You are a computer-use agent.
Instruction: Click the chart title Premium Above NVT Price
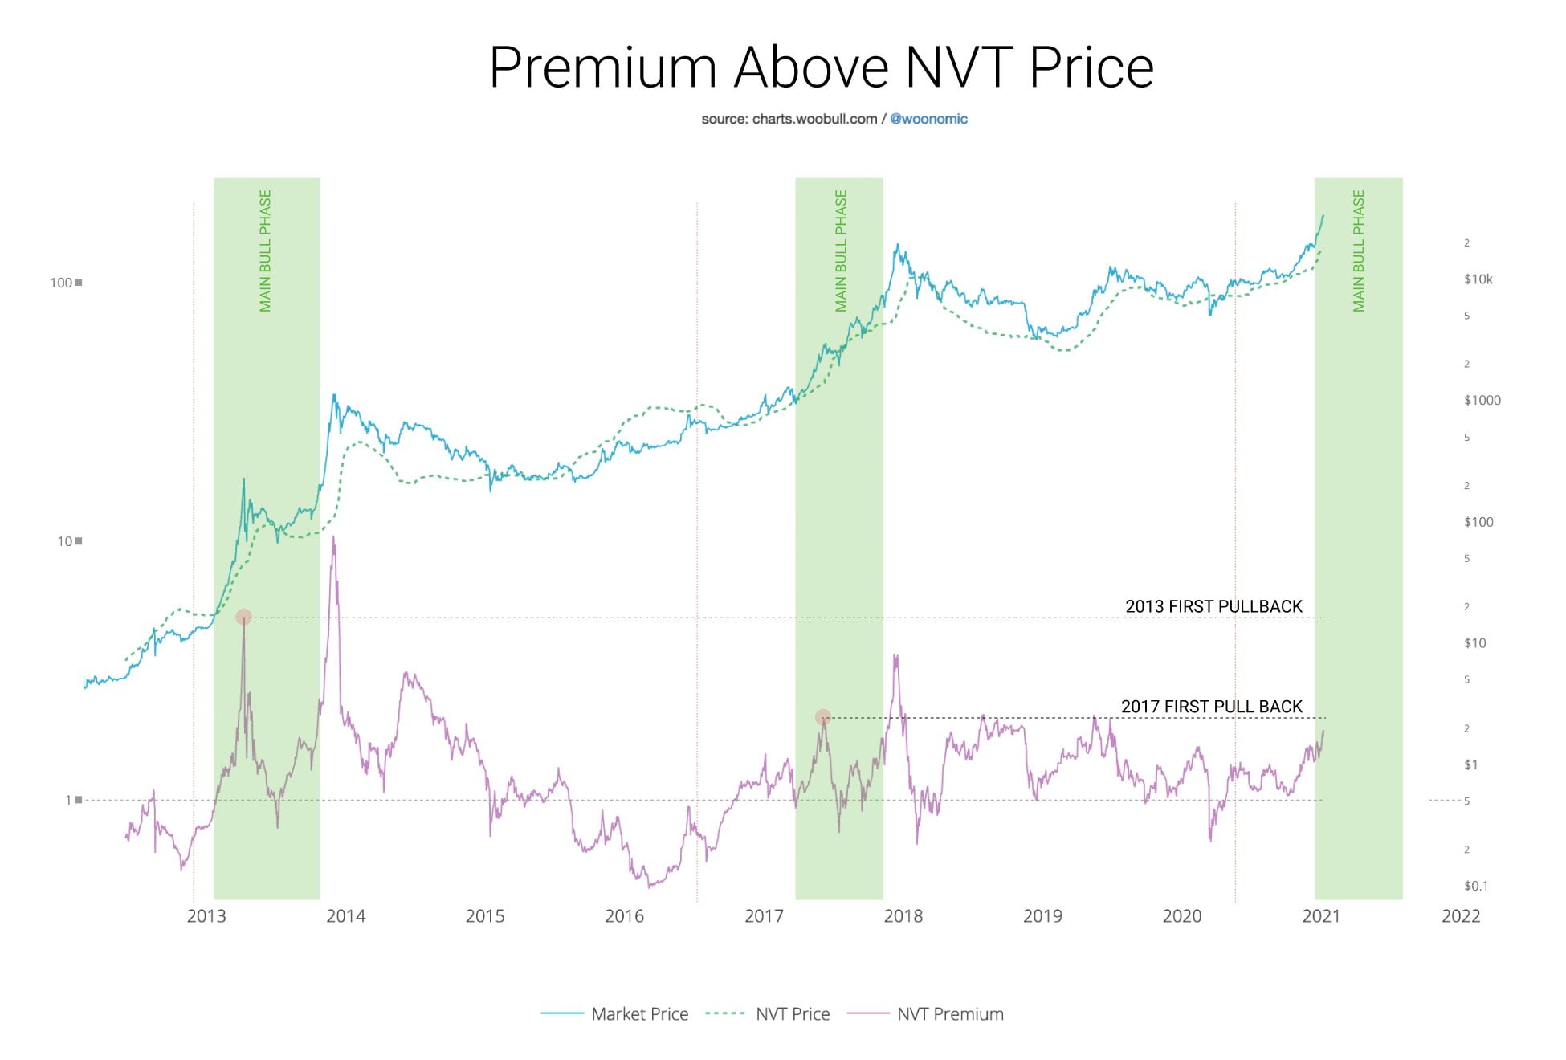click(x=821, y=67)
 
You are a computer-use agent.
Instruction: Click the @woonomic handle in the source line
click(x=928, y=119)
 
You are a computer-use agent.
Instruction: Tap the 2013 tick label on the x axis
click(x=206, y=916)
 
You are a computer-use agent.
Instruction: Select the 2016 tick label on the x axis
click(x=624, y=916)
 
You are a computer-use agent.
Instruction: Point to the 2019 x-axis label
click(x=1042, y=916)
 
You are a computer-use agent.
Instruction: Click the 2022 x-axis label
click(x=1460, y=916)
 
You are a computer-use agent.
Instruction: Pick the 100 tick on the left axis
click(x=61, y=283)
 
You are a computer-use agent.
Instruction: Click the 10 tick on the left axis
click(x=65, y=541)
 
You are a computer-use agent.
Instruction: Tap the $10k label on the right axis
click(x=1478, y=279)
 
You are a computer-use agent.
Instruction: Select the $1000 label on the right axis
click(x=1482, y=401)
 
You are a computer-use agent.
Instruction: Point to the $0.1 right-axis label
click(x=1475, y=887)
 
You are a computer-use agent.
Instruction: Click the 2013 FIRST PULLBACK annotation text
click(x=1213, y=606)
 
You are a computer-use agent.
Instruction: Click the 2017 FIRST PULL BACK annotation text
click(x=1211, y=707)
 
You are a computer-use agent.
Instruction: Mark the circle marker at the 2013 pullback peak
click(x=243, y=618)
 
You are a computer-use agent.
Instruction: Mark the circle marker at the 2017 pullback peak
click(x=822, y=717)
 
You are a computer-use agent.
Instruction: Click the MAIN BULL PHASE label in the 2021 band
click(x=1358, y=251)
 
